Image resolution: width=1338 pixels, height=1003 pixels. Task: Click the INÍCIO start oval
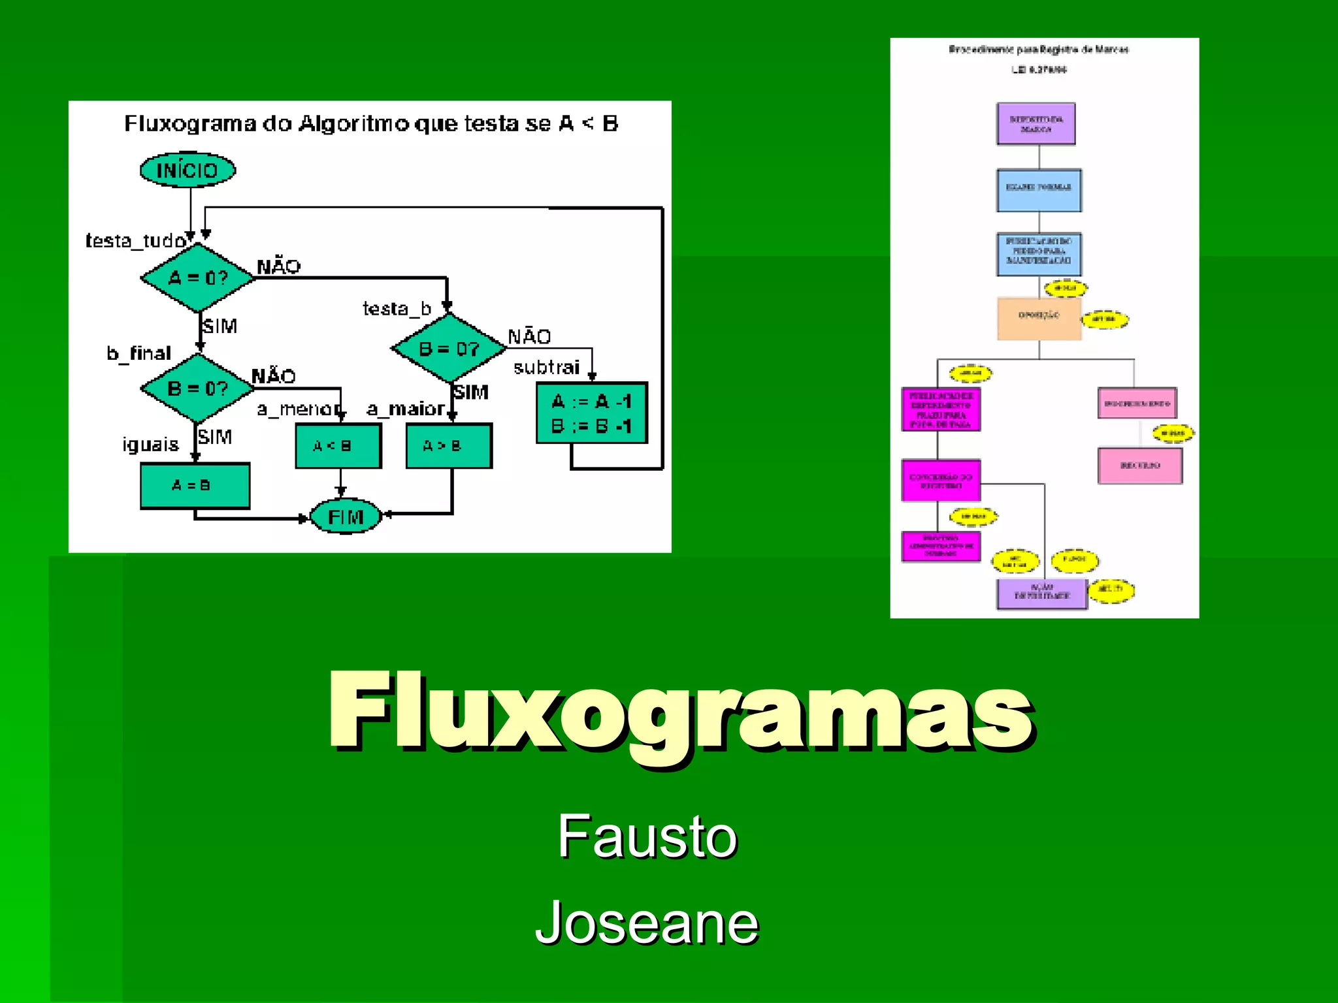tap(188, 170)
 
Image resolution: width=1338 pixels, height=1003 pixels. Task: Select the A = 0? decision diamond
tap(197, 278)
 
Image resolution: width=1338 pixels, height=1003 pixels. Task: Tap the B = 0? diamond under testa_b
tap(449, 348)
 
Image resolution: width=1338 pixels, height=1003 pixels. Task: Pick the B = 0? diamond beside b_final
tap(197, 388)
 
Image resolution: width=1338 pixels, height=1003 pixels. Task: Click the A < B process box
tap(338, 446)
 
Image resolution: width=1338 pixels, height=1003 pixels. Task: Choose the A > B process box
tap(449, 446)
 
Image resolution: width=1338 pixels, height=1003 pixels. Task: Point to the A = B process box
tap(195, 485)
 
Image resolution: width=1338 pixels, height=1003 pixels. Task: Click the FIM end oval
tap(345, 517)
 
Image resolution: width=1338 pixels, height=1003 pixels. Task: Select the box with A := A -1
tap(592, 413)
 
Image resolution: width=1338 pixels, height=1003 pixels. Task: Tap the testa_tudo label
tap(135, 241)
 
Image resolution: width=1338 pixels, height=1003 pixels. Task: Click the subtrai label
tap(546, 368)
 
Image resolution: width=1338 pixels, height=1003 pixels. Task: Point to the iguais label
tap(150, 445)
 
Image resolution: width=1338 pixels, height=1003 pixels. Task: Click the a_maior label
tap(405, 409)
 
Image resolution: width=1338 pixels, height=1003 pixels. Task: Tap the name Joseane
tap(647, 922)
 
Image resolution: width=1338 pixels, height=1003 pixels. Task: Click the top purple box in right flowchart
tap(1036, 123)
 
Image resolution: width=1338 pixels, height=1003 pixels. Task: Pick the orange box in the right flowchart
tap(1039, 318)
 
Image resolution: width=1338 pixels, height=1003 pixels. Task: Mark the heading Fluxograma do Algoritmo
tap(371, 123)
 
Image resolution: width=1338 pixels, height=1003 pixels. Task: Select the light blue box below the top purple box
tap(1039, 190)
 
